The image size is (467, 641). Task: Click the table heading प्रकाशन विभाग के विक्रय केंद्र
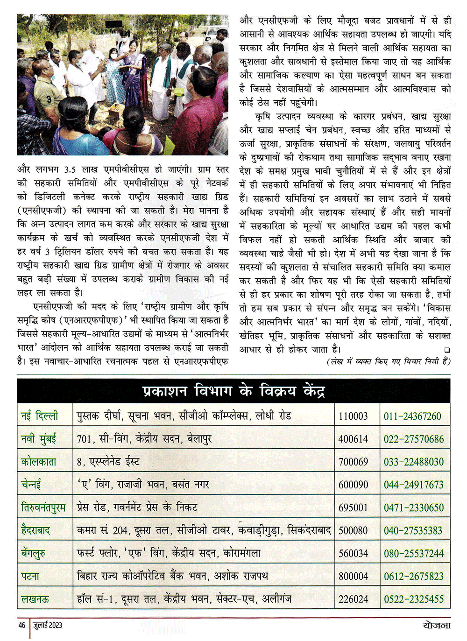coord(233,391)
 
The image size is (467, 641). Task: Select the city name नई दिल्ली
coord(40,416)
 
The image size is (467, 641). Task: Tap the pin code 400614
coord(353,439)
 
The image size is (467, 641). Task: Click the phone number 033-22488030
coord(413,462)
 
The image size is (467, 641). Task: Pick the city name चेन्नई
coord(31,485)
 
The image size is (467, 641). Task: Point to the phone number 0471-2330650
coord(413,507)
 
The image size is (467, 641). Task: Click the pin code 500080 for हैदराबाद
coord(353,530)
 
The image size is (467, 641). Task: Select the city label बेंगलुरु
coord(33,553)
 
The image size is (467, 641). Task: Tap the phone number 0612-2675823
coord(413,576)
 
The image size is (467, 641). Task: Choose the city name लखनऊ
coord(35,599)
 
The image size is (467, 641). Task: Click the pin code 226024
coord(353,599)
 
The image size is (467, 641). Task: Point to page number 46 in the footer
coord(22,625)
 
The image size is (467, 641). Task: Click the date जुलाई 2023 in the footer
coord(48,625)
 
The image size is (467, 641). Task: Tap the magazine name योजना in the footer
coord(434,625)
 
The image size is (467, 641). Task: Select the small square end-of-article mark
coord(447,350)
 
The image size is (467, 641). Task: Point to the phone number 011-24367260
coord(412,416)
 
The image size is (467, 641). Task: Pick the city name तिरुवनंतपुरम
coord(43,507)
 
